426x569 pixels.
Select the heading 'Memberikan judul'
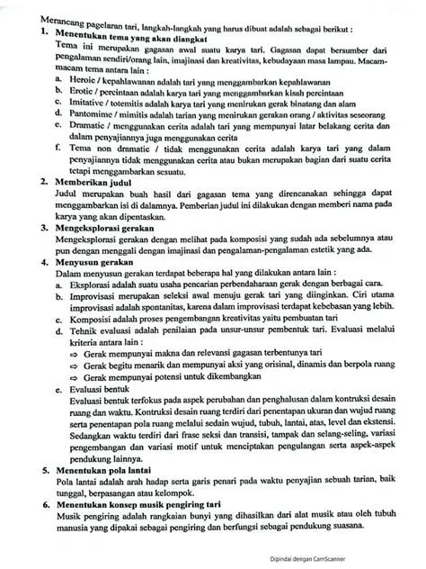coord(93,181)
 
